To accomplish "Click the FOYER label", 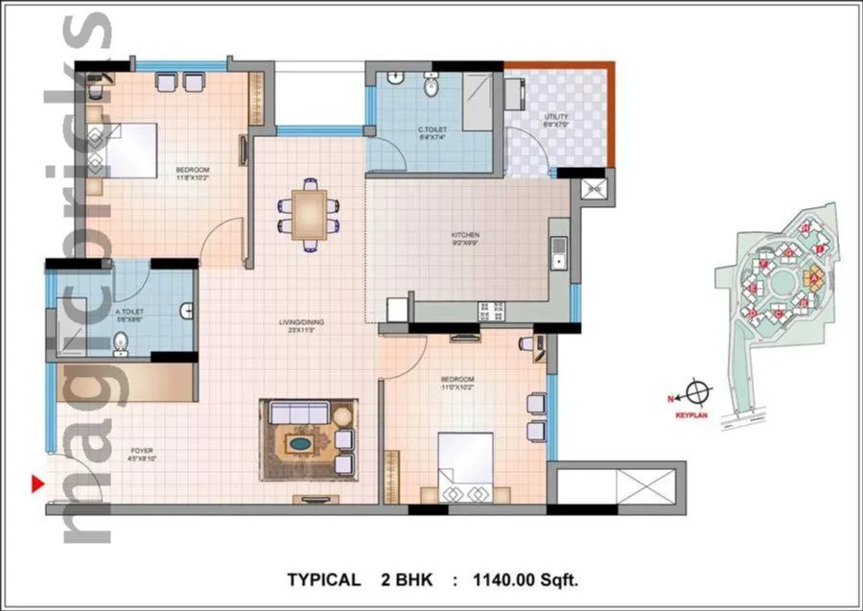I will pyautogui.click(x=142, y=452).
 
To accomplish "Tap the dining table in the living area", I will pyautogui.click(x=309, y=213).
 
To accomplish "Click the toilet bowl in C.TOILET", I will pyautogui.click(x=431, y=86).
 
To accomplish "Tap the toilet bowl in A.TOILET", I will pyautogui.click(x=121, y=343).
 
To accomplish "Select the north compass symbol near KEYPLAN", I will pyautogui.click(x=700, y=392).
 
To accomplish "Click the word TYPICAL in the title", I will pyautogui.click(x=324, y=579).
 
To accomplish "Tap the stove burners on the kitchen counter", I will pyautogui.click(x=493, y=309).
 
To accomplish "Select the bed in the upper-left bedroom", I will pyautogui.click(x=126, y=150).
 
